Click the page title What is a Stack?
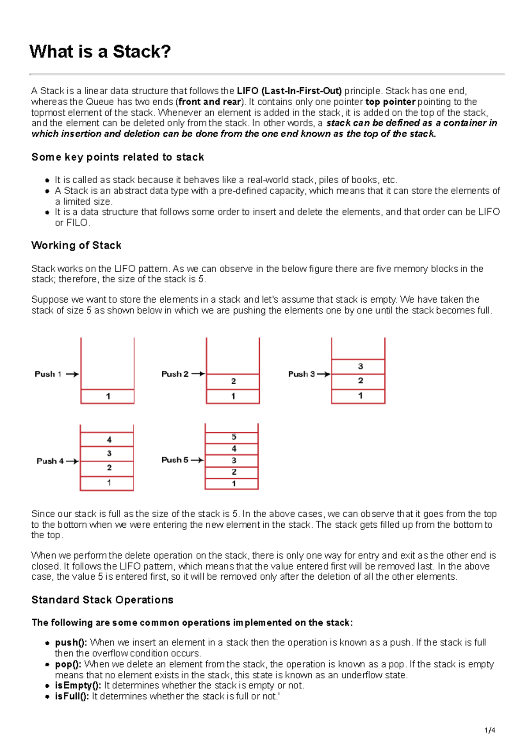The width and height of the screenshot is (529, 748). coord(100,52)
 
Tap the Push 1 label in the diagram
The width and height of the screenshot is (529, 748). coord(48,374)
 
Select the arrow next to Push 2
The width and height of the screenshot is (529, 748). coord(198,374)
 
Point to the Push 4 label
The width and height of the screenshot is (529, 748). coord(50,461)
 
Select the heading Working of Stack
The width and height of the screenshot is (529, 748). coord(76,245)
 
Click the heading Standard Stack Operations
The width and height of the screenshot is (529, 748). coord(102,600)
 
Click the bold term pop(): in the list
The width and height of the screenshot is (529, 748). coord(68,664)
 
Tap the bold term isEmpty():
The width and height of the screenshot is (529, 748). coord(78,685)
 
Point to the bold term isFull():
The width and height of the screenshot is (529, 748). coord(72,696)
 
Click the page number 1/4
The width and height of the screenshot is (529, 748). coord(490,730)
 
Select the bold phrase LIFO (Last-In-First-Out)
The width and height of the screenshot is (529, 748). coord(289,91)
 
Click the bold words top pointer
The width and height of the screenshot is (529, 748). coord(390,102)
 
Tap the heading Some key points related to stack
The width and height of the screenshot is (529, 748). coord(118,157)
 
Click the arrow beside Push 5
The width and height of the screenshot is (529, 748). coord(197,460)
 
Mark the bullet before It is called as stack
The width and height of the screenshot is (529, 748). coord(47,180)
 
